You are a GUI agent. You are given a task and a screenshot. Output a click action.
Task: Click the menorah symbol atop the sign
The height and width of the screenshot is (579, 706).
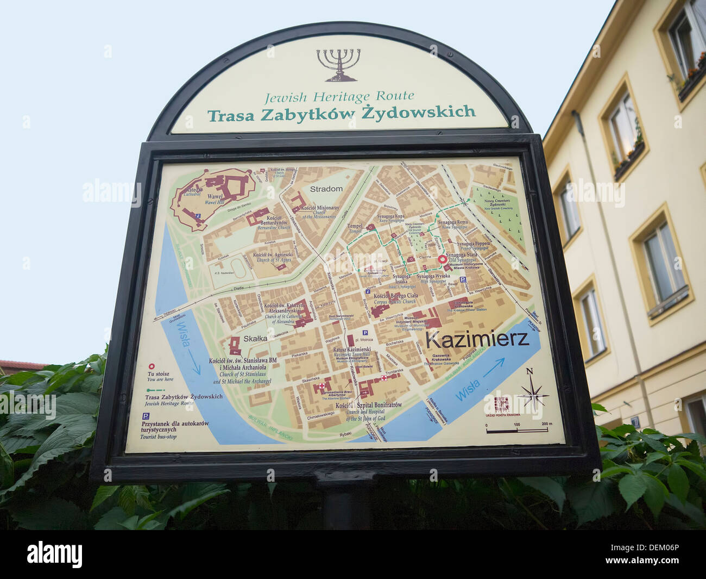pyautogui.click(x=339, y=64)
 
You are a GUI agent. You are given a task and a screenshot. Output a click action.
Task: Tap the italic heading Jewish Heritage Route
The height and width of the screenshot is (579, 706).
pyautogui.click(x=339, y=97)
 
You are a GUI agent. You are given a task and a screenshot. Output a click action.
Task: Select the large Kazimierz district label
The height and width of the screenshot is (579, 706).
pyautogui.click(x=477, y=340)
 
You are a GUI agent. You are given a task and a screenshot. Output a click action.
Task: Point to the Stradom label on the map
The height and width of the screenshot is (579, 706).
pyautogui.click(x=326, y=189)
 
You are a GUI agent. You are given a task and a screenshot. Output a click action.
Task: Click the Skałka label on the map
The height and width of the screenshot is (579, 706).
pyautogui.click(x=255, y=338)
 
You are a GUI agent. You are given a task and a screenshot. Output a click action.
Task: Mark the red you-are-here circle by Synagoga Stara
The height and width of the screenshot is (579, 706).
pyautogui.click(x=443, y=260)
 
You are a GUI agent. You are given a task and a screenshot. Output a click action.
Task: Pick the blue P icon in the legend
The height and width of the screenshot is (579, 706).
pyautogui.click(x=146, y=416)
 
